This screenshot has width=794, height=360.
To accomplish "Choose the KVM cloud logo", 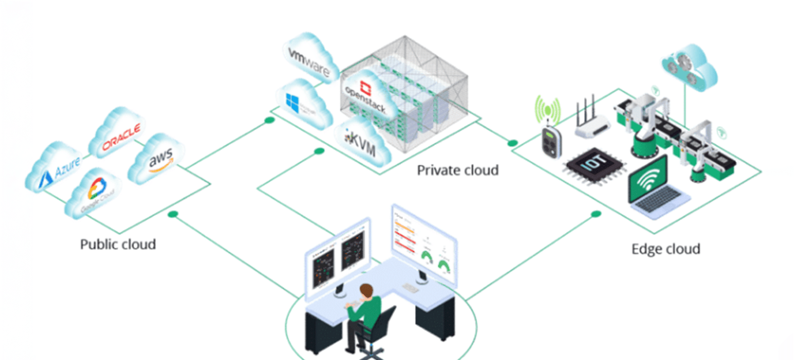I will tap(361, 142).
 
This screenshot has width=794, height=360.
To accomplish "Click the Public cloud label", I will tap(118, 245).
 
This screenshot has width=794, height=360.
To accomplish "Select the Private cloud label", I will tap(457, 170).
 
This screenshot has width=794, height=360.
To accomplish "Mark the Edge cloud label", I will tap(665, 249).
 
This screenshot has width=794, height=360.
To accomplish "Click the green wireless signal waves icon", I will tap(548, 110).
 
